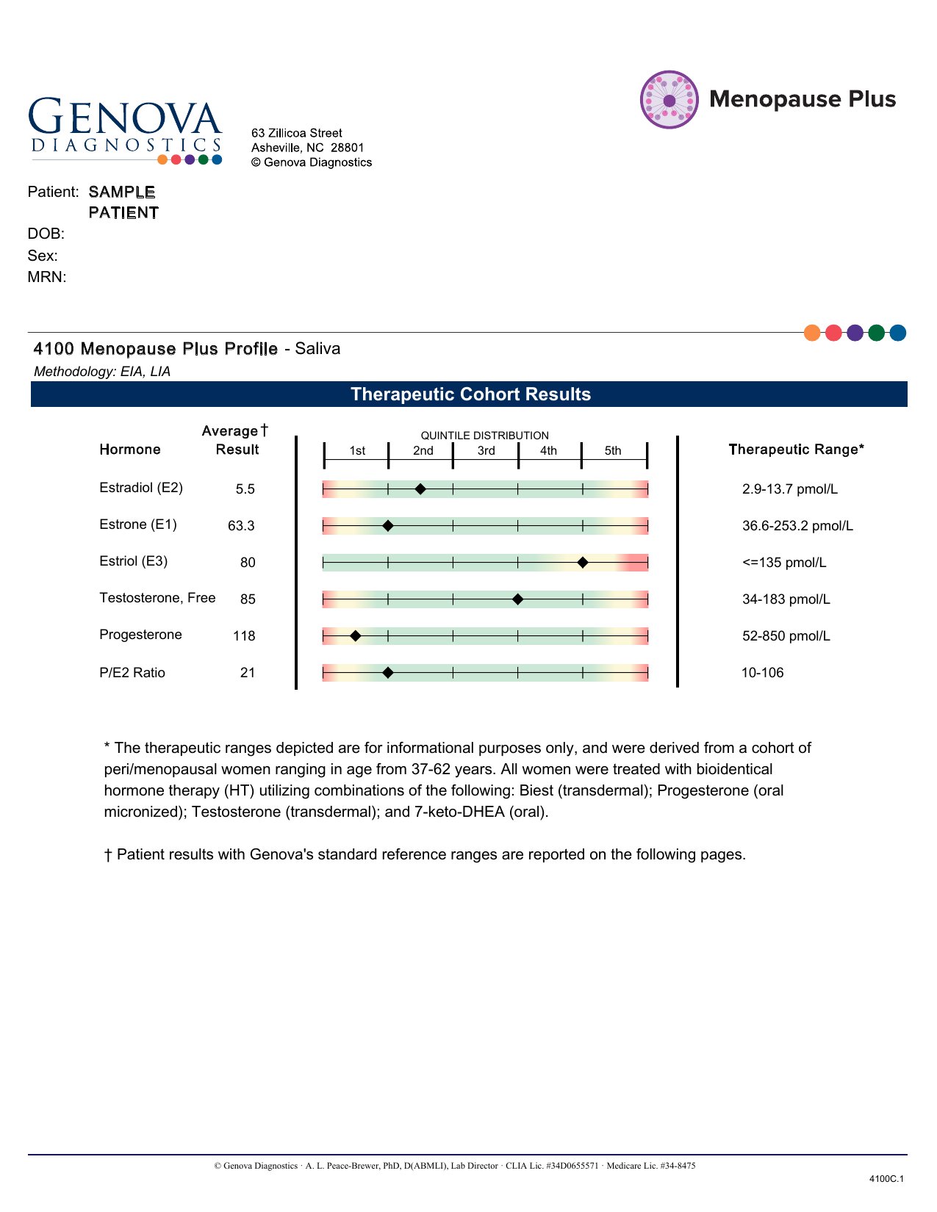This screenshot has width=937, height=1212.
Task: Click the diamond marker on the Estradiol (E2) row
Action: tap(420, 489)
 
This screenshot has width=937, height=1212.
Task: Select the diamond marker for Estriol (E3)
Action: tap(583, 563)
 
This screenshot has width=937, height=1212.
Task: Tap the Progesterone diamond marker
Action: tap(356, 636)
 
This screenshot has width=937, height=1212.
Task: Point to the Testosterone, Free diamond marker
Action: tap(517, 599)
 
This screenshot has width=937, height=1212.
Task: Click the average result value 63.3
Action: tap(241, 526)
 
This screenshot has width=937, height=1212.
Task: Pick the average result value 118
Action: tap(244, 636)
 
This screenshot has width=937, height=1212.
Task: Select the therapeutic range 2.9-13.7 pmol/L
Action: tap(790, 489)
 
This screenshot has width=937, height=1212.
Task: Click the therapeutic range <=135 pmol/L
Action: tap(784, 563)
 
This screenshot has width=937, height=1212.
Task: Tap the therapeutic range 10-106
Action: tap(762, 673)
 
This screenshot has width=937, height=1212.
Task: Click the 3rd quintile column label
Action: tap(486, 451)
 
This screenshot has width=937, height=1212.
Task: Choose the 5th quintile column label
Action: tap(613, 451)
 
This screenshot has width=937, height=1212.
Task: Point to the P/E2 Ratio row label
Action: tap(132, 673)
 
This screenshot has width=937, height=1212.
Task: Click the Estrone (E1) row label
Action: tap(138, 524)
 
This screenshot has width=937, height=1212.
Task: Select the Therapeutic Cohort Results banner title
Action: tap(470, 394)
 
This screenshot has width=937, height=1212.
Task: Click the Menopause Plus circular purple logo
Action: tap(669, 100)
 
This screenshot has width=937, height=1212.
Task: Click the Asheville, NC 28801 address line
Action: tap(308, 148)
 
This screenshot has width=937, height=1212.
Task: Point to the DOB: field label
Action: tap(46, 234)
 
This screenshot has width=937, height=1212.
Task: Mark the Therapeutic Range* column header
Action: tap(796, 450)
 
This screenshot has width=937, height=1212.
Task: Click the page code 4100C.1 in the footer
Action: tap(886, 1179)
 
